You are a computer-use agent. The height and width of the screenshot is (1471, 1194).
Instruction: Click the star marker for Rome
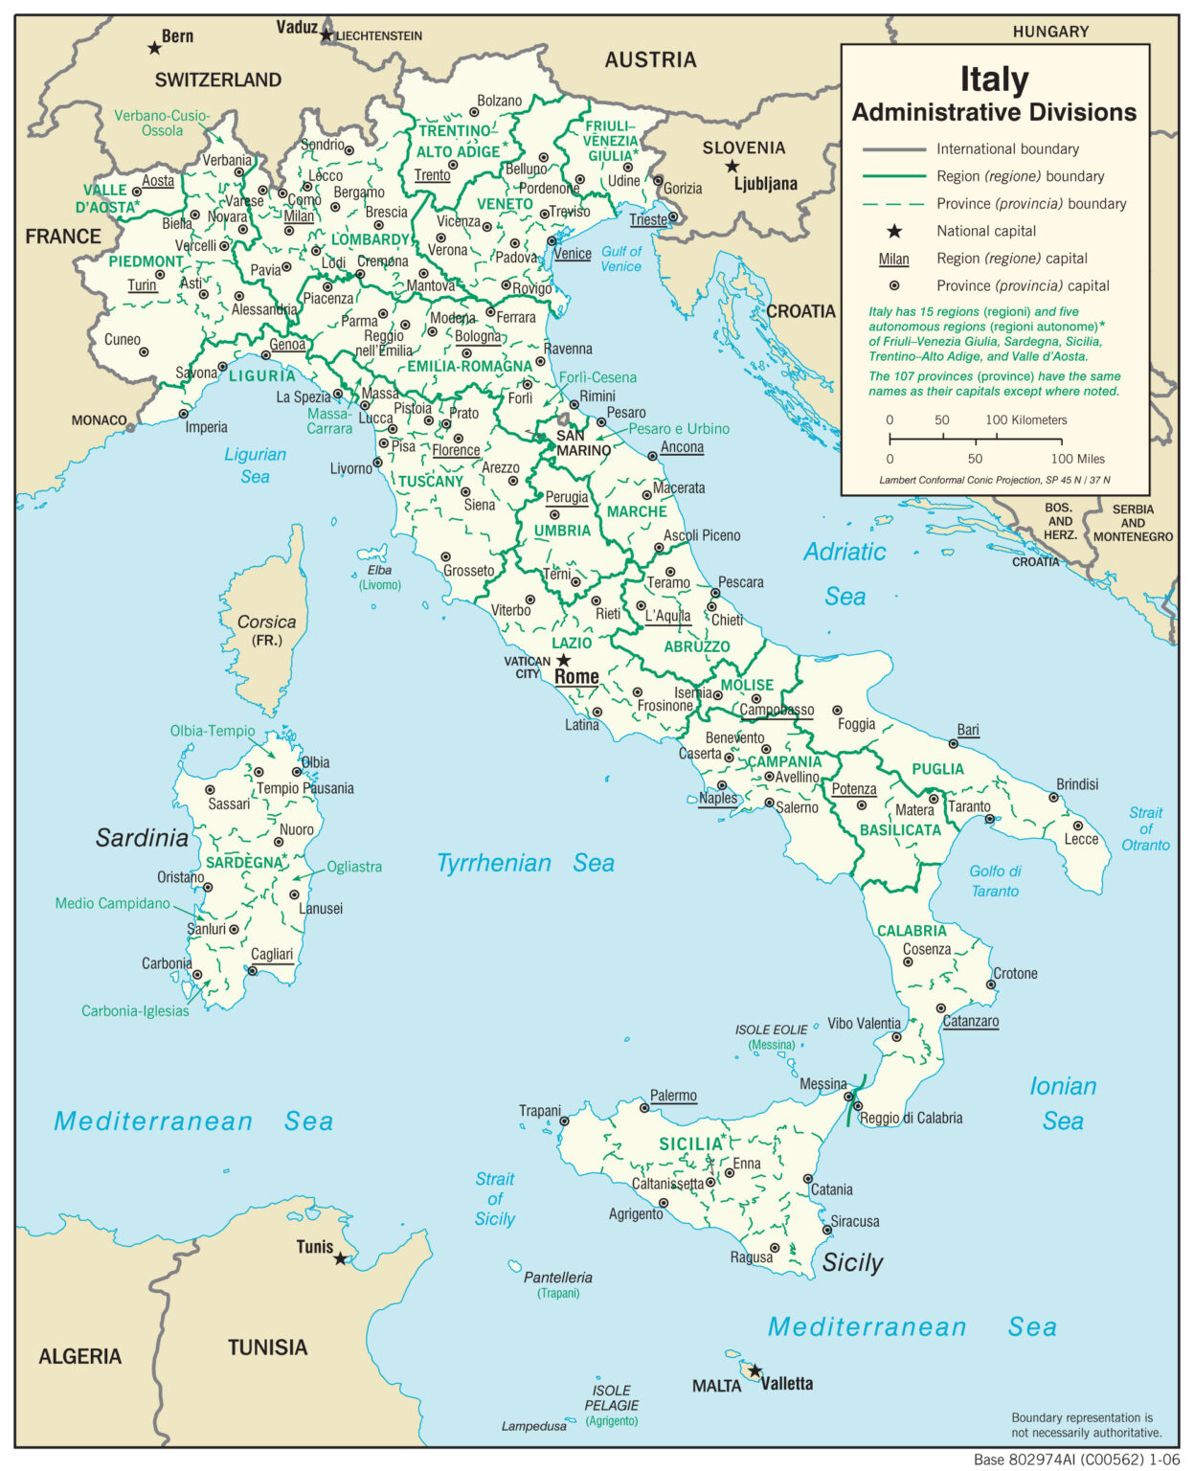click(564, 660)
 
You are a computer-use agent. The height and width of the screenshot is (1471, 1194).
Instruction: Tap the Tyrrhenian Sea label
click(525, 863)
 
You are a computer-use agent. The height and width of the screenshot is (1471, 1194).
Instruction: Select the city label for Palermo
click(673, 1096)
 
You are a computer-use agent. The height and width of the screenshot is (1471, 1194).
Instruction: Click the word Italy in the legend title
click(994, 79)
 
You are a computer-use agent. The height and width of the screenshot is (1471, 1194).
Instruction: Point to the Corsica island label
click(266, 622)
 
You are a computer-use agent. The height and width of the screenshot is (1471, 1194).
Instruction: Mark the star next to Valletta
click(755, 1371)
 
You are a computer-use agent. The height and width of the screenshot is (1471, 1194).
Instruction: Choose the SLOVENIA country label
click(743, 147)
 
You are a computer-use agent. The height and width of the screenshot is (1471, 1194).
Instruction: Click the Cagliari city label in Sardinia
click(272, 954)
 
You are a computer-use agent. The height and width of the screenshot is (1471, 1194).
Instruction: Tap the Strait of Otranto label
click(1145, 828)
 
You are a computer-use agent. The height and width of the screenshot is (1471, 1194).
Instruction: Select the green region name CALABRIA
click(912, 931)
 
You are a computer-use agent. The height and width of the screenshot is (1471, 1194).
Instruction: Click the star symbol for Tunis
click(340, 1258)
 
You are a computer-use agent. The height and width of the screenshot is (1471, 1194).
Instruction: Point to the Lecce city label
click(1081, 839)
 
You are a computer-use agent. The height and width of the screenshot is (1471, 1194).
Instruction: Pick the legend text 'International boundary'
click(1007, 148)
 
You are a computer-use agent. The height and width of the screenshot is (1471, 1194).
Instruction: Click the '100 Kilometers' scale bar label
click(1025, 419)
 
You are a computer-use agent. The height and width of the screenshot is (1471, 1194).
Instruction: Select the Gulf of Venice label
click(620, 259)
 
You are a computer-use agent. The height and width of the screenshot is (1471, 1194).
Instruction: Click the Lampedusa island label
click(533, 1426)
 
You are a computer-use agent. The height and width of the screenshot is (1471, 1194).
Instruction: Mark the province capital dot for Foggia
click(837, 711)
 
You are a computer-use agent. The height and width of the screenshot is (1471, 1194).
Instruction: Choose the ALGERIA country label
click(79, 1356)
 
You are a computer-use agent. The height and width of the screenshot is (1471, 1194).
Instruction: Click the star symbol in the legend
click(893, 231)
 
